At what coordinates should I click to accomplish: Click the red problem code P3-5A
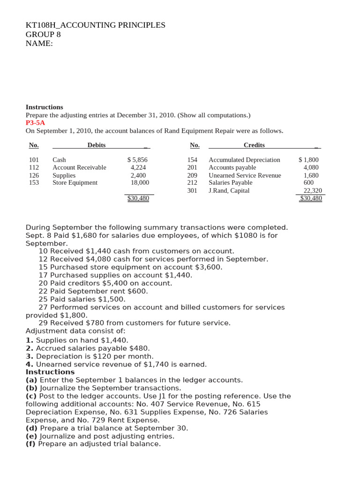pyautogui.click(x=35, y=123)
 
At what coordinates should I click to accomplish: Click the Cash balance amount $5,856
pyautogui.click(x=137, y=160)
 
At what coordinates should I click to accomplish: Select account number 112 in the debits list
pyautogui.click(x=34, y=167)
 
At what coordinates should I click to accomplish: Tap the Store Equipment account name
pyautogui.click(x=75, y=183)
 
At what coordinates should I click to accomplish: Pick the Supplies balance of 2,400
pyautogui.click(x=138, y=175)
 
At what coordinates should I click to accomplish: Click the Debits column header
pyautogui.click(x=97, y=145)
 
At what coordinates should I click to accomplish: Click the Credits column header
pyautogui.click(x=254, y=145)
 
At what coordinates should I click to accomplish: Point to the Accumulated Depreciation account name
pyautogui.click(x=244, y=160)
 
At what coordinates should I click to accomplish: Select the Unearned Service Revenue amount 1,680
pyautogui.click(x=311, y=175)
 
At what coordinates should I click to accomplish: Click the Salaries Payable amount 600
pyautogui.click(x=308, y=183)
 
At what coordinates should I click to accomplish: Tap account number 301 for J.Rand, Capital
pyautogui.click(x=192, y=191)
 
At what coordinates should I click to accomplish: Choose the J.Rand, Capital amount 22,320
pyautogui.click(x=313, y=191)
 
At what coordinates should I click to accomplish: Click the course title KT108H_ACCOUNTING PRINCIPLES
pyautogui.click(x=95, y=25)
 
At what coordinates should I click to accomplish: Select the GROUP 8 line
pyautogui.click(x=43, y=35)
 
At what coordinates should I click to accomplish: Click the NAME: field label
pyautogui.click(x=39, y=44)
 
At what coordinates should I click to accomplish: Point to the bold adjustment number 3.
pyautogui.click(x=29, y=356)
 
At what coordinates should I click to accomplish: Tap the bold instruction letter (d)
pyautogui.click(x=31, y=428)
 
